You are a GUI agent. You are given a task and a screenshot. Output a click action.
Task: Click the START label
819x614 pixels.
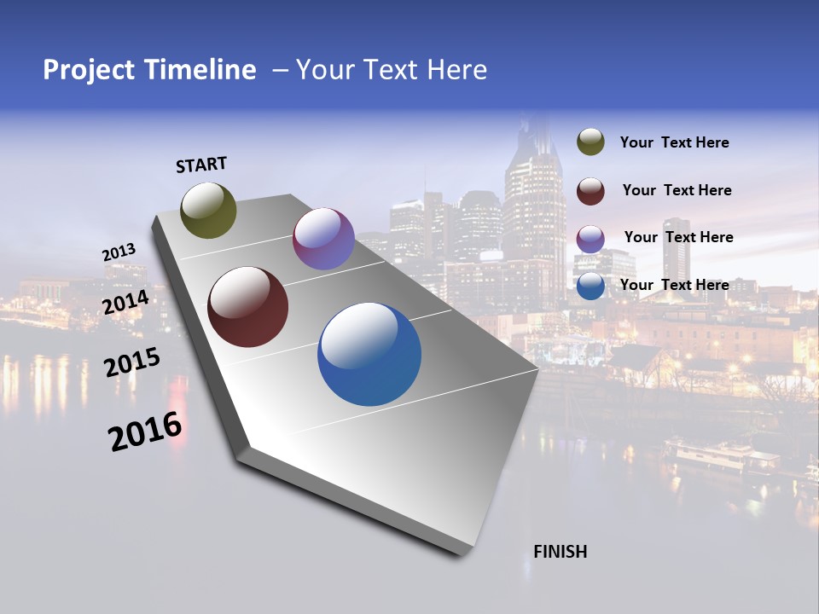[201, 165]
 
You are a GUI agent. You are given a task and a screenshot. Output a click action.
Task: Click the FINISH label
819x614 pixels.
[560, 552]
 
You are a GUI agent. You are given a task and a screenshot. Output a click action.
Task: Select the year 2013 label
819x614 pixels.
[119, 252]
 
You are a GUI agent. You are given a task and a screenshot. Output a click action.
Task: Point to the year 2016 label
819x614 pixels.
[145, 432]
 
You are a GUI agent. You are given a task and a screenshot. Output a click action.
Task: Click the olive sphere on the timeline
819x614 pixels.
[209, 210]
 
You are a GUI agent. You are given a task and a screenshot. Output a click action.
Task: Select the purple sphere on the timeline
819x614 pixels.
[323, 239]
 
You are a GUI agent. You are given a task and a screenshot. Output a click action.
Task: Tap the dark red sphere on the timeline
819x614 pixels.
[248, 307]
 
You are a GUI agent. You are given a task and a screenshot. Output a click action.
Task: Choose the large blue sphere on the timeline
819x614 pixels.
[369, 354]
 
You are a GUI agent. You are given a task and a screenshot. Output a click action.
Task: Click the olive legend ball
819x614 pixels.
[590, 142]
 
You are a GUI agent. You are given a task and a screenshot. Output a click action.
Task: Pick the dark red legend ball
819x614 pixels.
[590, 190]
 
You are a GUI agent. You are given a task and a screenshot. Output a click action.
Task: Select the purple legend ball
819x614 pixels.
[590, 238]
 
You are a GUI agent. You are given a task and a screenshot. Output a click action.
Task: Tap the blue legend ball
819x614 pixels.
[590, 286]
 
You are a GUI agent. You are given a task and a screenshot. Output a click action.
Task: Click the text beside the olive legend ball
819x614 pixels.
[674, 143]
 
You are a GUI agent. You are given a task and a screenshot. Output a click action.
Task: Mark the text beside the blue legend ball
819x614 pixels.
[674, 285]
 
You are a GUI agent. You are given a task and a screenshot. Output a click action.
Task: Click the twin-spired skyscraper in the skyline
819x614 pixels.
[535, 196]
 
